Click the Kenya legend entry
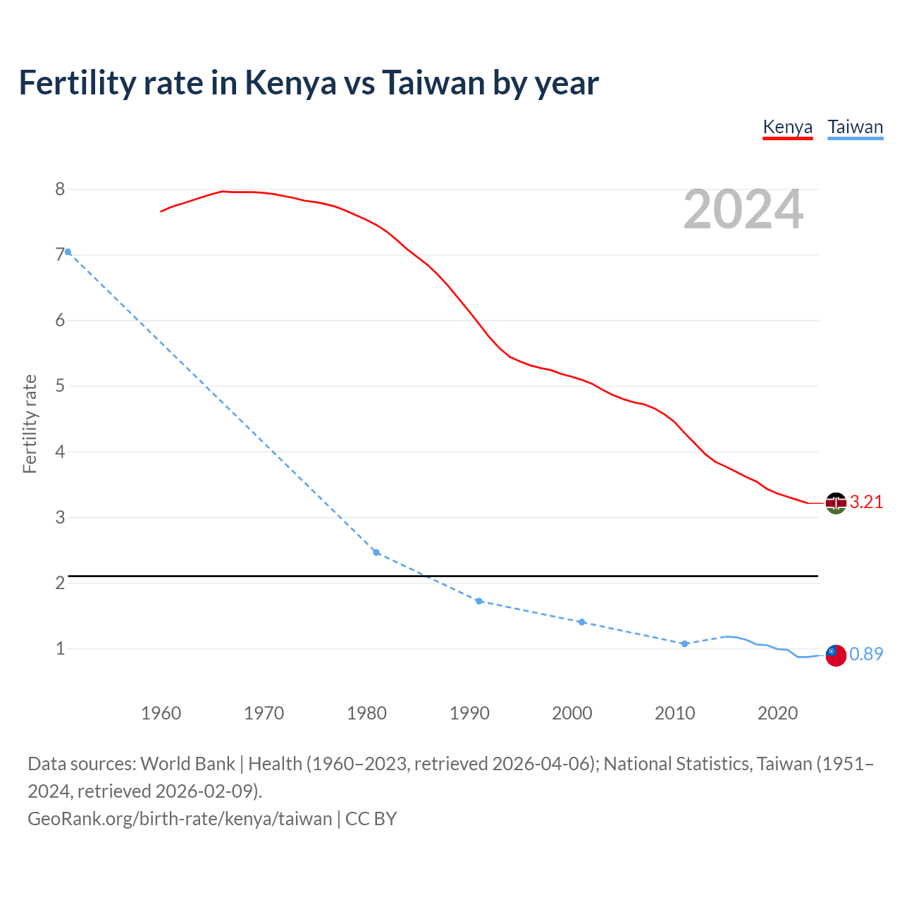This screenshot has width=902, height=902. pos(787,128)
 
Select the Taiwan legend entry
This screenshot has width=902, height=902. pos(855,128)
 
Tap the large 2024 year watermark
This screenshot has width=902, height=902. pos(743,209)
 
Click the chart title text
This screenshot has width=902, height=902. pos(309,82)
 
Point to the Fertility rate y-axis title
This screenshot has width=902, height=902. pos(30,424)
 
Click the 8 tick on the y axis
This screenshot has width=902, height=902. pos(60,189)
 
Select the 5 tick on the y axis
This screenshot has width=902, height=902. pos(60,386)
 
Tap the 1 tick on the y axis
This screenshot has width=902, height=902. pos(60,648)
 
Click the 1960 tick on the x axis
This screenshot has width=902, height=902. pos(161,713)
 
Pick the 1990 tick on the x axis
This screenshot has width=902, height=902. pos(469,713)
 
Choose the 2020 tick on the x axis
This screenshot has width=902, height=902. pos(777,713)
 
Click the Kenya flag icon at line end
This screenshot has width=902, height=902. pos(836,503)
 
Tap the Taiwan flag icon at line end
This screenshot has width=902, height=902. pos(836,655)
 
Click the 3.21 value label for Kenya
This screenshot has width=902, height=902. pos(866,502)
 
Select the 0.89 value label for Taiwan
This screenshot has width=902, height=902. pos(866,655)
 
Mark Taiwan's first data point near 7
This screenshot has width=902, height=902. pos(68,252)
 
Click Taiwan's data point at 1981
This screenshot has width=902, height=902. pos(376,552)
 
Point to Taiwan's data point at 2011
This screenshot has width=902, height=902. pos(684,643)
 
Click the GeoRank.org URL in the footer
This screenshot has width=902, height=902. pos(180,819)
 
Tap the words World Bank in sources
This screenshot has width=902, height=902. pos(187,764)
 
